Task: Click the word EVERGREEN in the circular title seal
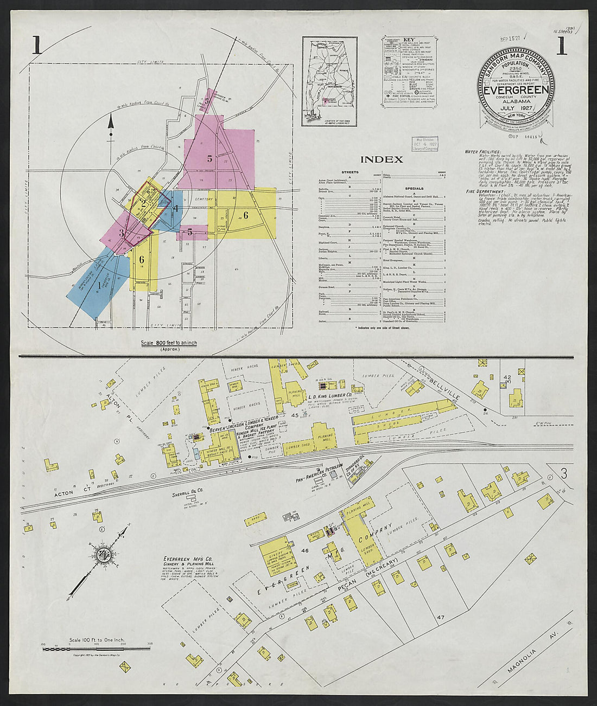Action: pos(516,89)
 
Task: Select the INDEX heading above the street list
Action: pos(382,159)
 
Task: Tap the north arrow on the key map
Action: pos(111,127)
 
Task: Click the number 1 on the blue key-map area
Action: pos(99,284)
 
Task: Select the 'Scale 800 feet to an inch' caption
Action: pos(169,343)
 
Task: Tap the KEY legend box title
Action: pos(409,40)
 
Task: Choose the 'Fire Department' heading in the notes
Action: pos(484,191)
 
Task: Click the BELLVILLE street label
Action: pos(444,388)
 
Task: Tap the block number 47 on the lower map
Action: pos(440,617)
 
